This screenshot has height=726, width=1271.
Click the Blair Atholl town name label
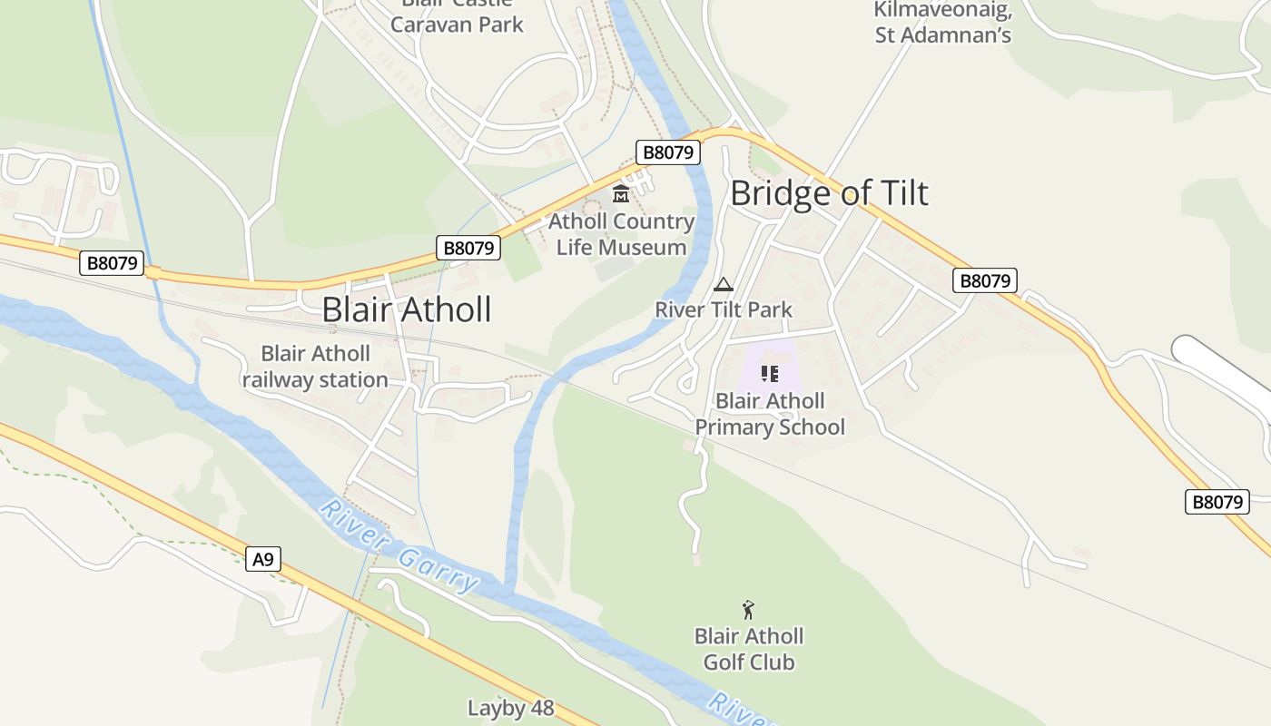coord(407,309)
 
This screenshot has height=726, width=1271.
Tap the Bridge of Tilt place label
coord(829,193)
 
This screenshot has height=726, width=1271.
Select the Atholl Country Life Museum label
coord(622,234)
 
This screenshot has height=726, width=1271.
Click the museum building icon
coord(621,193)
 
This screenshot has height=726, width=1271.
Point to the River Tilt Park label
coord(724,309)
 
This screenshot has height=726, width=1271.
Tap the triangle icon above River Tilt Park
coord(724,284)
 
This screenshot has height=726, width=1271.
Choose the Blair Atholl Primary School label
coord(770,414)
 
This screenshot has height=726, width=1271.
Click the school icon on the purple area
coord(770,373)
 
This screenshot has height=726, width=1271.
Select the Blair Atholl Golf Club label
coord(749,649)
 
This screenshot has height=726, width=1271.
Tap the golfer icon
coord(748,609)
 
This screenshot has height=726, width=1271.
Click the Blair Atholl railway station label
coord(315,367)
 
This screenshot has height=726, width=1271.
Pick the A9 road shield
coord(262,559)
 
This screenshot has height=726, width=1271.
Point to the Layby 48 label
coord(510,708)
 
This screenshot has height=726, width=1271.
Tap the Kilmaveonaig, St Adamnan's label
coord(942,22)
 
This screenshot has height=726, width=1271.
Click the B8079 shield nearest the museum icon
coord(668,152)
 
